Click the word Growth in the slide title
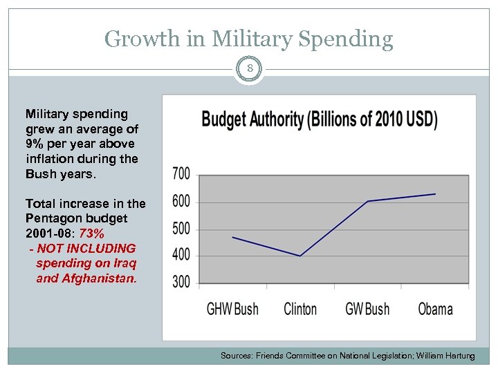pyautogui.click(x=140, y=39)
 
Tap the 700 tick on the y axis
pyautogui.click(x=181, y=174)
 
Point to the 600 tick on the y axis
pyautogui.click(x=181, y=202)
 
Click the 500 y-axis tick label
pyautogui.click(x=181, y=229)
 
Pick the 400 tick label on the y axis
pyautogui.click(x=181, y=255)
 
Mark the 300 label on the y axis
pyautogui.click(x=181, y=282)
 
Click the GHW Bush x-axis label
pyautogui.click(x=232, y=309)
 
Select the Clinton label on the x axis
pyautogui.click(x=300, y=309)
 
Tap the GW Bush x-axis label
pyautogui.click(x=367, y=309)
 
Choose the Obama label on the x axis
pyautogui.click(x=435, y=309)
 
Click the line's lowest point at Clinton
pyautogui.click(x=300, y=256)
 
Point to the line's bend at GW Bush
pyautogui.click(x=368, y=201)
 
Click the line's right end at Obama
pyautogui.click(x=435, y=194)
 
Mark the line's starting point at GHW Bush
pyautogui.click(x=232, y=237)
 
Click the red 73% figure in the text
pyautogui.click(x=92, y=233)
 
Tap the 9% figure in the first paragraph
pyautogui.click(x=35, y=144)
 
